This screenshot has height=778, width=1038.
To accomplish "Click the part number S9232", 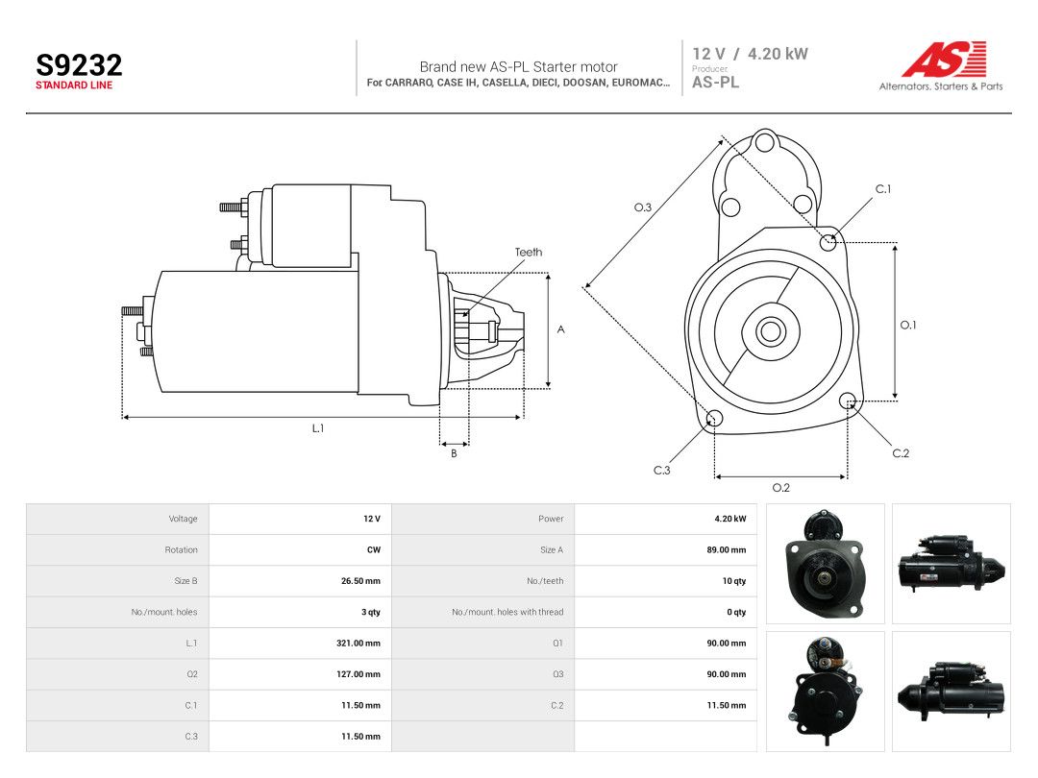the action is tap(79, 65).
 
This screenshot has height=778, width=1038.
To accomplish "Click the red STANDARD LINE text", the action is tap(74, 85).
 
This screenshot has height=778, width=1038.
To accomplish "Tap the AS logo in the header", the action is tap(944, 60).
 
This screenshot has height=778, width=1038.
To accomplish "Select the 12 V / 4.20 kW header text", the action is tap(750, 54).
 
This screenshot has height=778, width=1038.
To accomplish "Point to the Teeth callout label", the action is tap(529, 252).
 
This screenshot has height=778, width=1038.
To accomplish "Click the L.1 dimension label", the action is tap(318, 428).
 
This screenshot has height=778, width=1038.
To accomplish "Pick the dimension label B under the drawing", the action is tap(454, 453).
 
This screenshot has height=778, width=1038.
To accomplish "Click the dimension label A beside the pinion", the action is tap(560, 329).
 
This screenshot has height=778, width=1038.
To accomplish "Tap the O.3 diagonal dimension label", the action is tap(643, 207).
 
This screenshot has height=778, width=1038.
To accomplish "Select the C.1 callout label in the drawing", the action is tap(883, 189).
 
